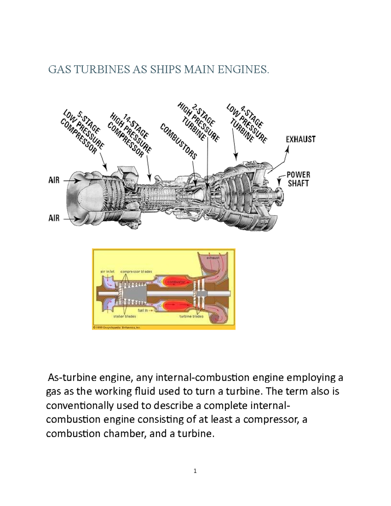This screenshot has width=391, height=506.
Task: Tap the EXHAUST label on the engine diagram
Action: [300, 139]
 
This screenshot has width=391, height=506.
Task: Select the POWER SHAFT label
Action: [298, 179]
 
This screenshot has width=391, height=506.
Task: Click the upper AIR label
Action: [54, 180]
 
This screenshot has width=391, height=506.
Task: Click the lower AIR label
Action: [54, 218]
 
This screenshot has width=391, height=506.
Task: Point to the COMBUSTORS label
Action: [179, 141]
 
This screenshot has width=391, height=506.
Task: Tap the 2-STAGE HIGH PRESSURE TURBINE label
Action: [198, 122]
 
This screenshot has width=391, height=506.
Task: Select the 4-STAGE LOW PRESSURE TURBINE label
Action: [247, 123]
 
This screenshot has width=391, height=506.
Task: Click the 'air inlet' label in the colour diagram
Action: [107, 271]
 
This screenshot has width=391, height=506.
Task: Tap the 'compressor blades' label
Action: [136, 271]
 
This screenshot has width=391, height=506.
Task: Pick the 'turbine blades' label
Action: [191, 316]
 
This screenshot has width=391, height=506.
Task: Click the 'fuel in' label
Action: [143, 311]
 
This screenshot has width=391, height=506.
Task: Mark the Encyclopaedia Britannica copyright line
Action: [116, 327]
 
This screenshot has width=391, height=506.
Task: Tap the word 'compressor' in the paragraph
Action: [270, 419]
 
